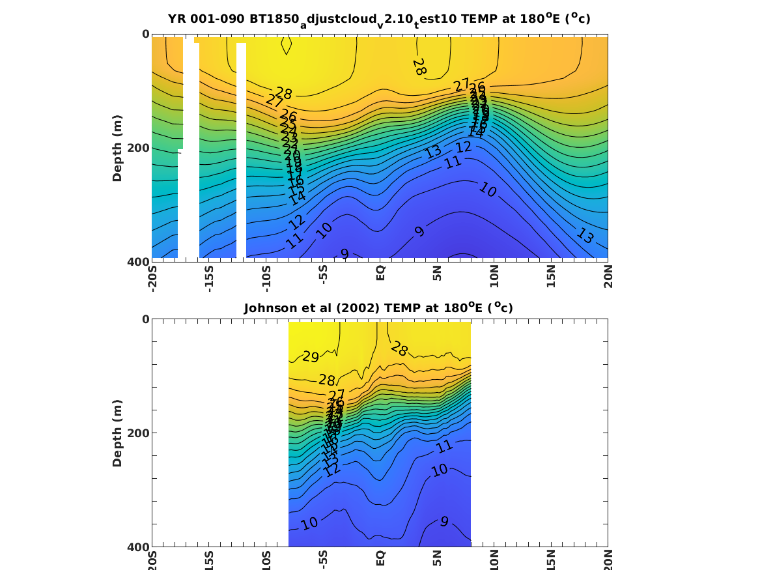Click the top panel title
pyautogui.click(x=379, y=19)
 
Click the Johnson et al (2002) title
pyautogui.click(x=378, y=308)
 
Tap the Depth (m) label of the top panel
pyautogui.click(x=117, y=149)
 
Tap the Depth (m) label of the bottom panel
pyautogui.click(x=117, y=433)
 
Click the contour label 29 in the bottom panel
pyautogui.click(x=311, y=357)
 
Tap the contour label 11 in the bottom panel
pyautogui.click(x=445, y=447)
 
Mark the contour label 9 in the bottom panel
pyautogui.click(x=444, y=521)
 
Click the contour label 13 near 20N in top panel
pyautogui.click(x=584, y=236)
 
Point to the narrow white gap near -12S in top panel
pyautogui.click(x=241, y=150)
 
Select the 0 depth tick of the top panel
pyautogui.click(x=145, y=34)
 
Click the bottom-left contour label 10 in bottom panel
pyautogui.click(x=309, y=523)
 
